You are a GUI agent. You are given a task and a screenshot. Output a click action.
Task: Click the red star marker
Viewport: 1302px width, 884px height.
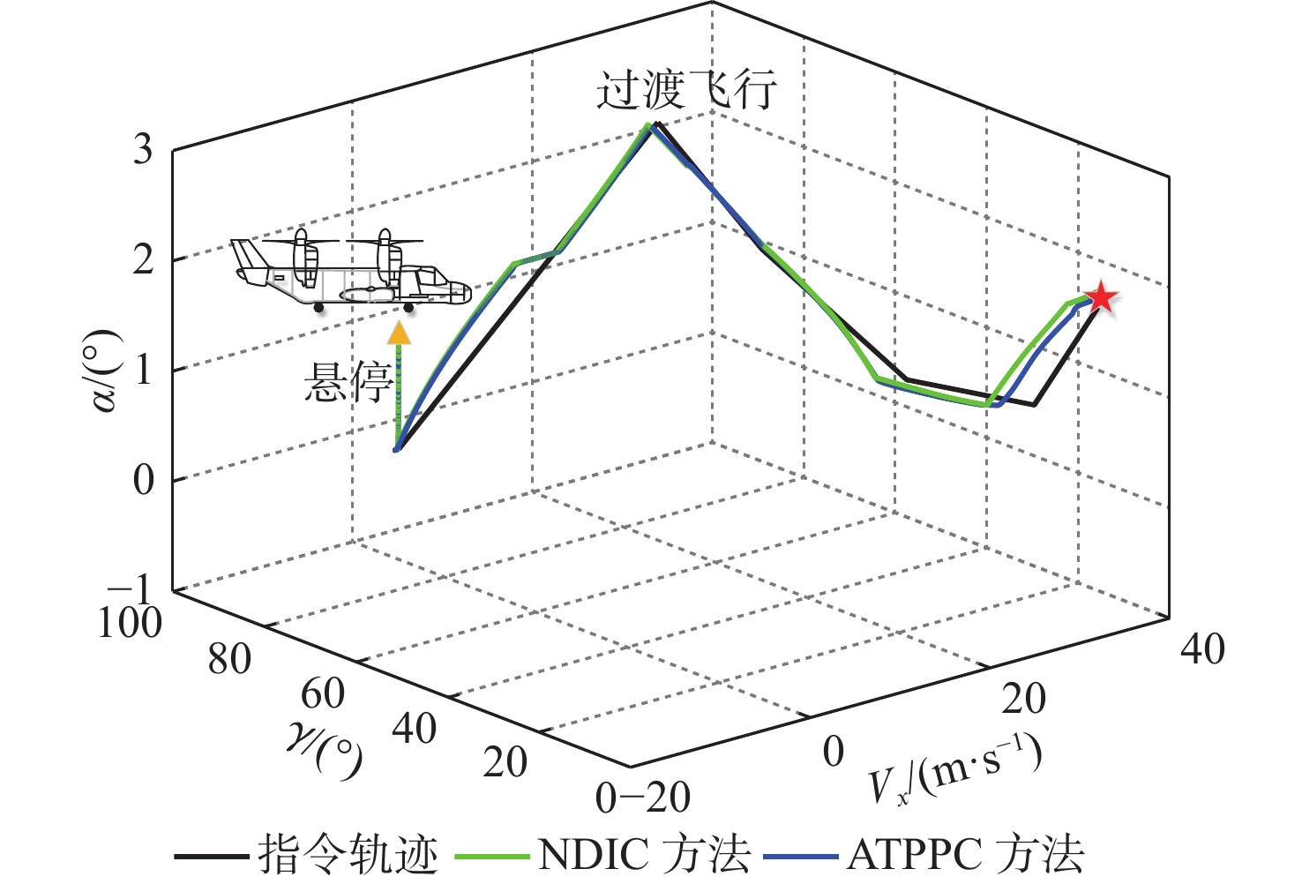(x=1101, y=298)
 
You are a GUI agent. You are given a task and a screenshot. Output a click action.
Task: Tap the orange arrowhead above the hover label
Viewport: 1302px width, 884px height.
(x=400, y=333)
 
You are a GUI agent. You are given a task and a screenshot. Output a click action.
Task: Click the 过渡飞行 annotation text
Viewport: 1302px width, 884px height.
(x=686, y=90)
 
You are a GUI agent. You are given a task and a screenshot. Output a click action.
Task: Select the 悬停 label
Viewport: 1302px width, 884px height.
(x=348, y=383)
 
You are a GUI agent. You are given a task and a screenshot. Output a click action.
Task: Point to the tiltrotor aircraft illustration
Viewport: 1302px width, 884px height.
(x=350, y=271)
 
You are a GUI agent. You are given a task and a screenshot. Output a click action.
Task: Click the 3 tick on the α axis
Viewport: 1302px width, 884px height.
(x=143, y=149)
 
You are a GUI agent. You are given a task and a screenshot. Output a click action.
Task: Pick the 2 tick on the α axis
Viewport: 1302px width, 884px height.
(x=143, y=259)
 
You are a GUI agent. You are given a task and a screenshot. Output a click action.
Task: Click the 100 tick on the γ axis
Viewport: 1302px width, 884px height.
(x=130, y=623)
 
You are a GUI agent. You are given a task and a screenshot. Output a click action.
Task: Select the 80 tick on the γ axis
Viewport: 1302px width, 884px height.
(x=229, y=659)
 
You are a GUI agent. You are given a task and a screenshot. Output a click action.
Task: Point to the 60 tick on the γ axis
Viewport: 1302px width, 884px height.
(x=322, y=694)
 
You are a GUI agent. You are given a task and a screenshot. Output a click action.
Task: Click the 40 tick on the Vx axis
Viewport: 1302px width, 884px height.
(x=1202, y=650)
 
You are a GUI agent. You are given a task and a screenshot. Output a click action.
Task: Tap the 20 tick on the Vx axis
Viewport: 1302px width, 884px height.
(x=1023, y=699)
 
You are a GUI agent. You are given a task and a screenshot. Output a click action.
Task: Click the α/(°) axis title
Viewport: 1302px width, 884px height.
(x=105, y=371)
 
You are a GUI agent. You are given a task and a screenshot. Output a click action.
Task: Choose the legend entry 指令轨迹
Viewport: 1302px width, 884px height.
(x=348, y=854)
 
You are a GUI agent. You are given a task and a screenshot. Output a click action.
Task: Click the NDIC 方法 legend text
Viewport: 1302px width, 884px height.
(x=644, y=854)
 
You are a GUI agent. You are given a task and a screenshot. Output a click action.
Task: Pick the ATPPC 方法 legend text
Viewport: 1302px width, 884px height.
(x=965, y=854)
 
